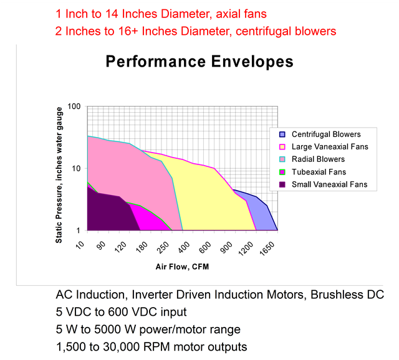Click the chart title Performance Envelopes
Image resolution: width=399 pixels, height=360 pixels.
(x=199, y=62)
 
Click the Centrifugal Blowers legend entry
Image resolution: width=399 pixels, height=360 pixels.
(x=320, y=135)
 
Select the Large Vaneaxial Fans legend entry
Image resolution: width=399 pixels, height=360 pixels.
(x=324, y=147)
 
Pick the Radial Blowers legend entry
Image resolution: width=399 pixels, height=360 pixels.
(x=312, y=159)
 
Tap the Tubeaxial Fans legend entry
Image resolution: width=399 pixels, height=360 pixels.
(x=312, y=172)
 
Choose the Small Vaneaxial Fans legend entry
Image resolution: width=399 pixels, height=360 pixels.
(x=323, y=184)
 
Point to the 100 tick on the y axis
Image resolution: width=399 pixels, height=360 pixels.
(x=74, y=107)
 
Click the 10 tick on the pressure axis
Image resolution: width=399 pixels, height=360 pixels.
(x=76, y=168)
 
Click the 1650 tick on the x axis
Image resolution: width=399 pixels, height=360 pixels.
(x=267, y=249)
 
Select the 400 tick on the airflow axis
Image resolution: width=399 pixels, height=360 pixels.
(x=184, y=247)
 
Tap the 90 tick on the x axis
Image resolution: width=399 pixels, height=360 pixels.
(x=101, y=246)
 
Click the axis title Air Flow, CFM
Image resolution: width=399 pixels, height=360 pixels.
(x=182, y=267)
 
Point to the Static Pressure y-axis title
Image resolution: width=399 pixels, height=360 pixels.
(x=59, y=175)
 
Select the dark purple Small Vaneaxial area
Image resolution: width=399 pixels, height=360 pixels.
(x=110, y=211)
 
